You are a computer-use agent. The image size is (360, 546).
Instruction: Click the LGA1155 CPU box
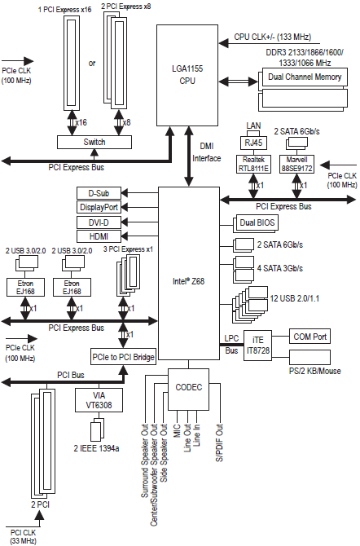point(187,75)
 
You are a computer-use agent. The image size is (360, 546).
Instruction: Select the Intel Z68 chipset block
point(189,273)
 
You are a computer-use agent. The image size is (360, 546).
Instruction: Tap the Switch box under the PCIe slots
point(94,142)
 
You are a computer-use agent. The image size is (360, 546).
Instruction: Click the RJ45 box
point(253,143)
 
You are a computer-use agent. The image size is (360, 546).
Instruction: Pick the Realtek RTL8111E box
point(253,164)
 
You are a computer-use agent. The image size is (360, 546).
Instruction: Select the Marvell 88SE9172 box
point(296,164)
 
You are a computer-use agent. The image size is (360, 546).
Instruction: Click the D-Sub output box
point(99,193)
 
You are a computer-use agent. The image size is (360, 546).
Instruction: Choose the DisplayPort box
point(99,207)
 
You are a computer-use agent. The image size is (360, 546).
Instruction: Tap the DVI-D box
point(99,222)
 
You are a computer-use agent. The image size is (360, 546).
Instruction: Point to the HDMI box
point(99,236)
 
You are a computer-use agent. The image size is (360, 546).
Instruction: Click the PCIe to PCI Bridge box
point(123,357)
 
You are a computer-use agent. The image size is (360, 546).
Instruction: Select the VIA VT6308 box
point(99,400)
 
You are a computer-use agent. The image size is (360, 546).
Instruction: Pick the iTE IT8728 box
point(257,346)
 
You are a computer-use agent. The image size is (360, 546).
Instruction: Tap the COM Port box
point(310,337)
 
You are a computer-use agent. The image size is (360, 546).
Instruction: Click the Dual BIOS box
point(257,222)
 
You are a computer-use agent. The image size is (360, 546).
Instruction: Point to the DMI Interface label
point(207,152)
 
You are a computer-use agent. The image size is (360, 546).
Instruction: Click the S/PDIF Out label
point(219,443)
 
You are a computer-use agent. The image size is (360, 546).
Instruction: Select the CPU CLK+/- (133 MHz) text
point(273,37)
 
